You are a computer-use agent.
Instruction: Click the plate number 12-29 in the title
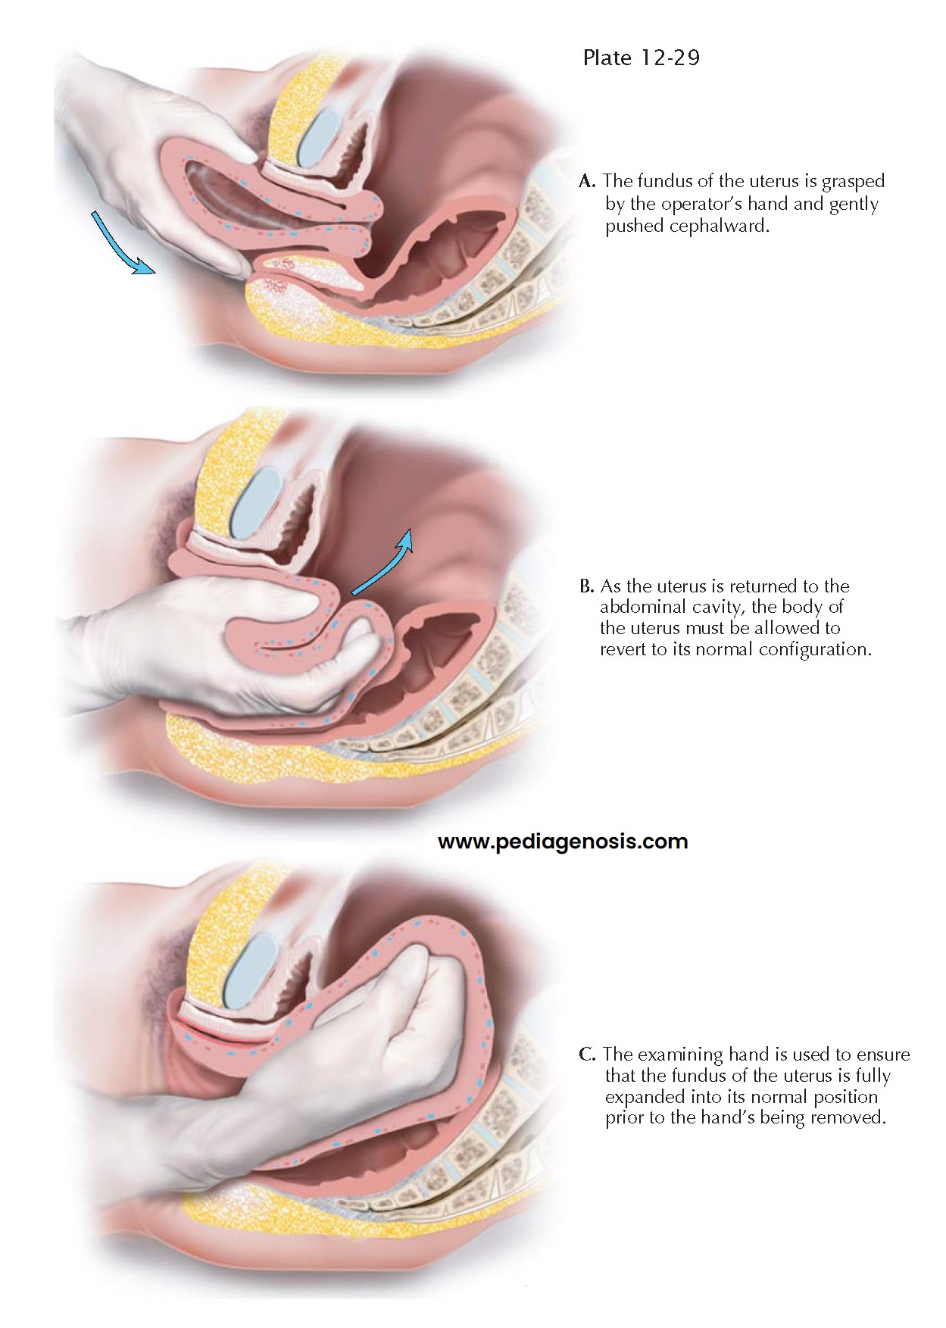point(670,58)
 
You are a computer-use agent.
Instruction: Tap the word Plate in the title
point(607,58)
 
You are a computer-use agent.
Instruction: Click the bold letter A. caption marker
point(587,182)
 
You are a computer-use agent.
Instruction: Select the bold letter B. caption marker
point(586,586)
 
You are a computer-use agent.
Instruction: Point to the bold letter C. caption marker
point(587,1055)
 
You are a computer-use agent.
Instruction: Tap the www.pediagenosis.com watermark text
point(563,842)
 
